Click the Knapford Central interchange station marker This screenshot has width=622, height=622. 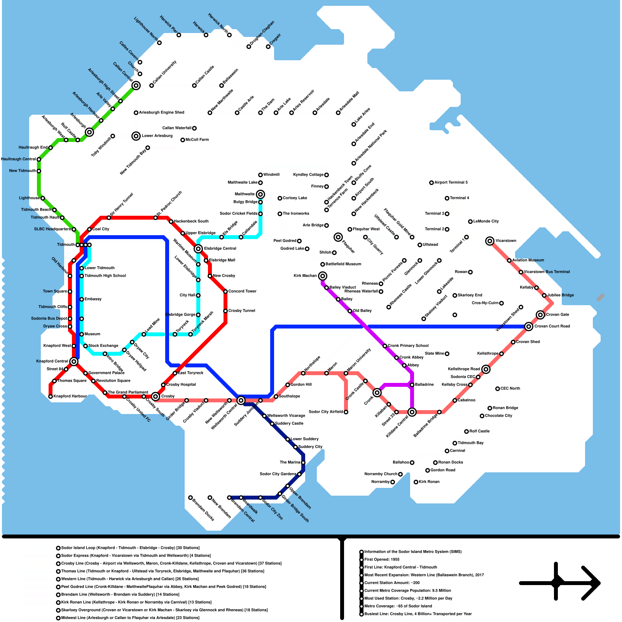click(74, 362)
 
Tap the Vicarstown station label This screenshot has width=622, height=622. click(506, 241)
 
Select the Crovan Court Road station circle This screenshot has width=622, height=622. click(529, 327)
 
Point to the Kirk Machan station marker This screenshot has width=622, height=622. click(322, 276)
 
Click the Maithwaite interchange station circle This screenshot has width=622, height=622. click(260, 194)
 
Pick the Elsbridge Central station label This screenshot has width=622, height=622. click(220, 249)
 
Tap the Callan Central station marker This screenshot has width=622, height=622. click(136, 86)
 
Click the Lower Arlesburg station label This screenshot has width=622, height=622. click(157, 136)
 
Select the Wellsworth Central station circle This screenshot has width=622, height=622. click(241, 400)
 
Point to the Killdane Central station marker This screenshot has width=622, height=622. click(412, 412)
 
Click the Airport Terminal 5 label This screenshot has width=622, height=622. click(451, 183)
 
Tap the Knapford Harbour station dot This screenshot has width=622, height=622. click(51, 397)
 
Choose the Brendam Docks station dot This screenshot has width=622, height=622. click(190, 498)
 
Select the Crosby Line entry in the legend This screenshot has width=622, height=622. click(171, 564)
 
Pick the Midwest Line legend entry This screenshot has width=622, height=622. click(130, 618)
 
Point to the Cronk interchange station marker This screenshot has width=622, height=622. click(377, 393)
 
